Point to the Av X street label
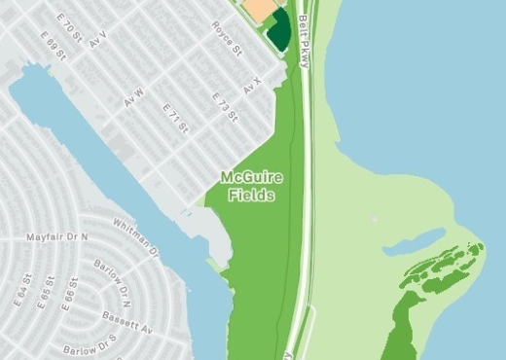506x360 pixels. [253, 87]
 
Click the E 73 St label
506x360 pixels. [226, 107]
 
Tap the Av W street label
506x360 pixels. [133, 97]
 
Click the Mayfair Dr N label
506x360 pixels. [56, 236]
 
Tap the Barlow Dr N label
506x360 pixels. [112, 277]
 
